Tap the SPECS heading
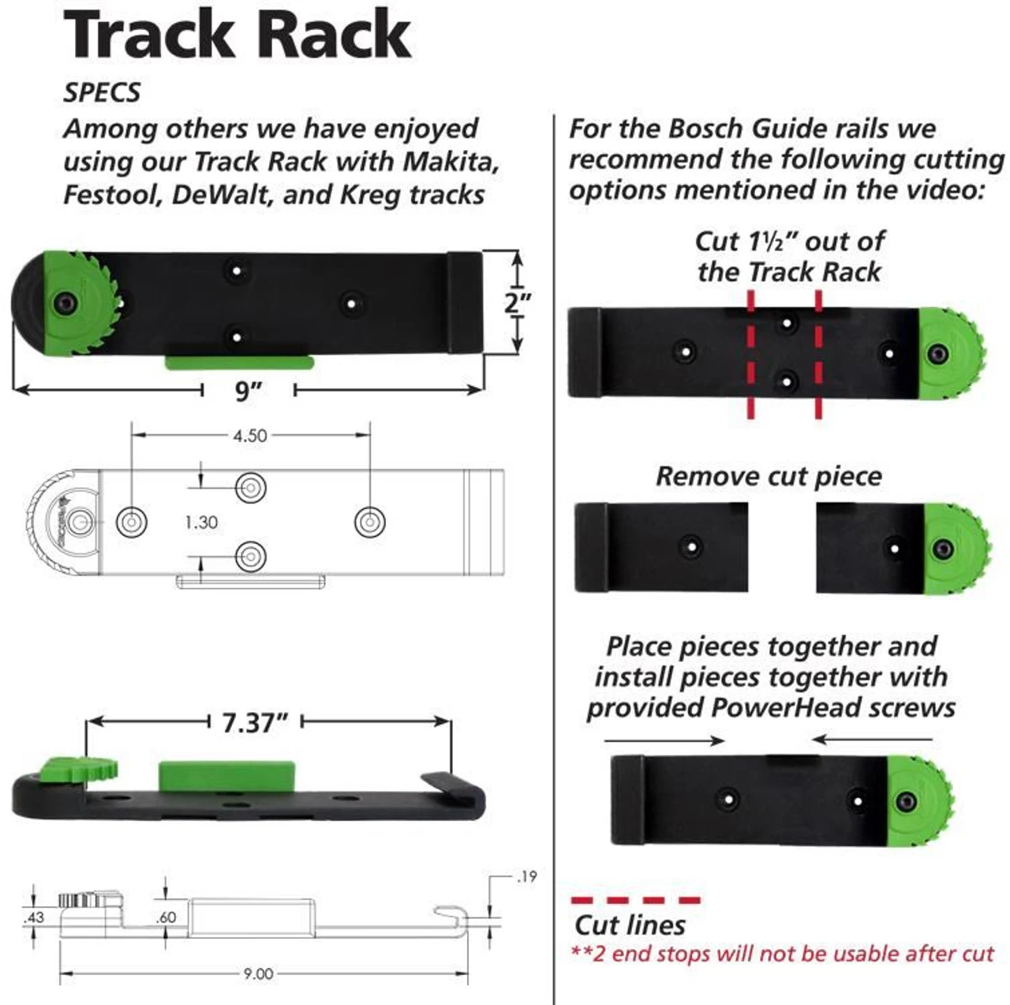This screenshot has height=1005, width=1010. pyautogui.click(x=102, y=92)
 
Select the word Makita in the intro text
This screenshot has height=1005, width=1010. pyautogui.click(x=451, y=161)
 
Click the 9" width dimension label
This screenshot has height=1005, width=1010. pyautogui.click(x=249, y=389)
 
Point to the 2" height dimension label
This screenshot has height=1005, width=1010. pyautogui.click(x=518, y=302)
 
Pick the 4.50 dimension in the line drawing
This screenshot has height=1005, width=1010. pyautogui.click(x=249, y=435)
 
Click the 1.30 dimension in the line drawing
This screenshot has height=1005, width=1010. pyautogui.click(x=201, y=522)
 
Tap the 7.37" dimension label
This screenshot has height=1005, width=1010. pyautogui.click(x=255, y=722)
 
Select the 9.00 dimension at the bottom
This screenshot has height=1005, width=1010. pyautogui.click(x=258, y=973)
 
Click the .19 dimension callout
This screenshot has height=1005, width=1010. pyautogui.click(x=526, y=876)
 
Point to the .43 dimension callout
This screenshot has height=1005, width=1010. pyautogui.click(x=34, y=917)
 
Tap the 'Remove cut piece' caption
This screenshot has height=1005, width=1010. pyautogui.click(x=769, y=476)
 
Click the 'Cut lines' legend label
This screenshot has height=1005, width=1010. pyautogui.click(x=630, y=924)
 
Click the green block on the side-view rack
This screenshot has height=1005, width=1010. pyautogui.click(x=226, y=775)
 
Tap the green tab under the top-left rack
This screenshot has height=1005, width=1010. pyautogui.click(x=239, y=362)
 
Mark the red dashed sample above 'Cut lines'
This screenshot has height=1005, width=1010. pyautogui.click(x=635, y=899)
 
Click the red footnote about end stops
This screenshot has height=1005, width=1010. pyautogui.click(x=782, y=954)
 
